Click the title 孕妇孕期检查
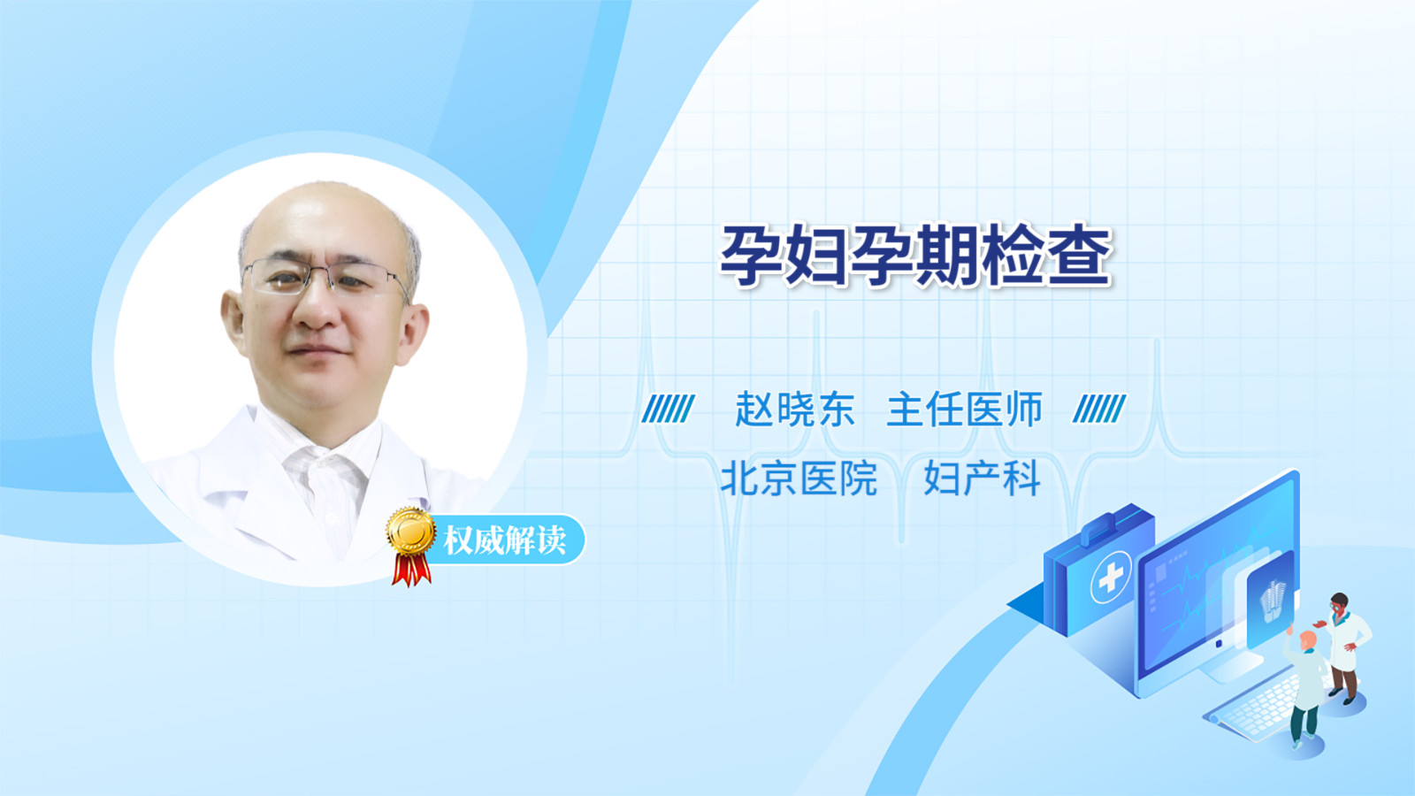click(x=916, y=256)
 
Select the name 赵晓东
click(x=795, y=409)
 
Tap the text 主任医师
click(x=964, y=409)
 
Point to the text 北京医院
click(x=799, y=478)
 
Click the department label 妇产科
click(x=982, y=478)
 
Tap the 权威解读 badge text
click(x=504, y=540)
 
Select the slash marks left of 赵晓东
click(x=668, y=409)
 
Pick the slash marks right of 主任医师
click(x=1099, y=409)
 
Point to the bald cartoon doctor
click(x=1304, y=689)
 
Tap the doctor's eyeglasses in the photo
click(x=325, y=279)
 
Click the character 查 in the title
click(x=1080, y=256)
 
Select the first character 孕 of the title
click(x=753, y=256)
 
